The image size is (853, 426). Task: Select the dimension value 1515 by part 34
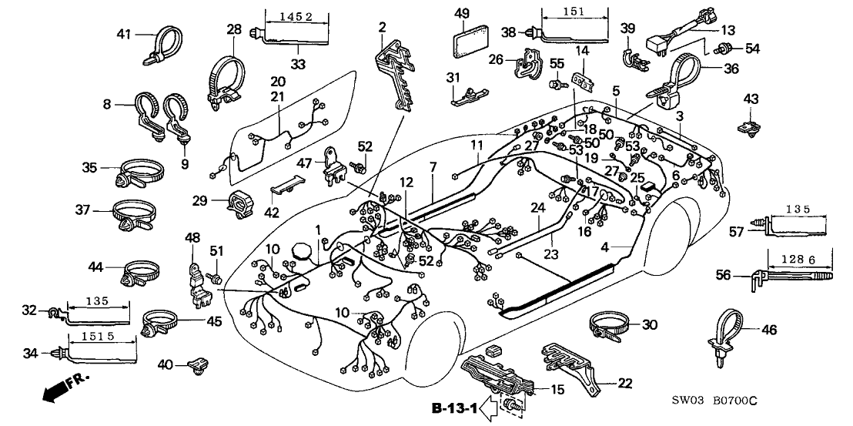(x=102, y=337)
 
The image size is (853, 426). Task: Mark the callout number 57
(x=738, y=230)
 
